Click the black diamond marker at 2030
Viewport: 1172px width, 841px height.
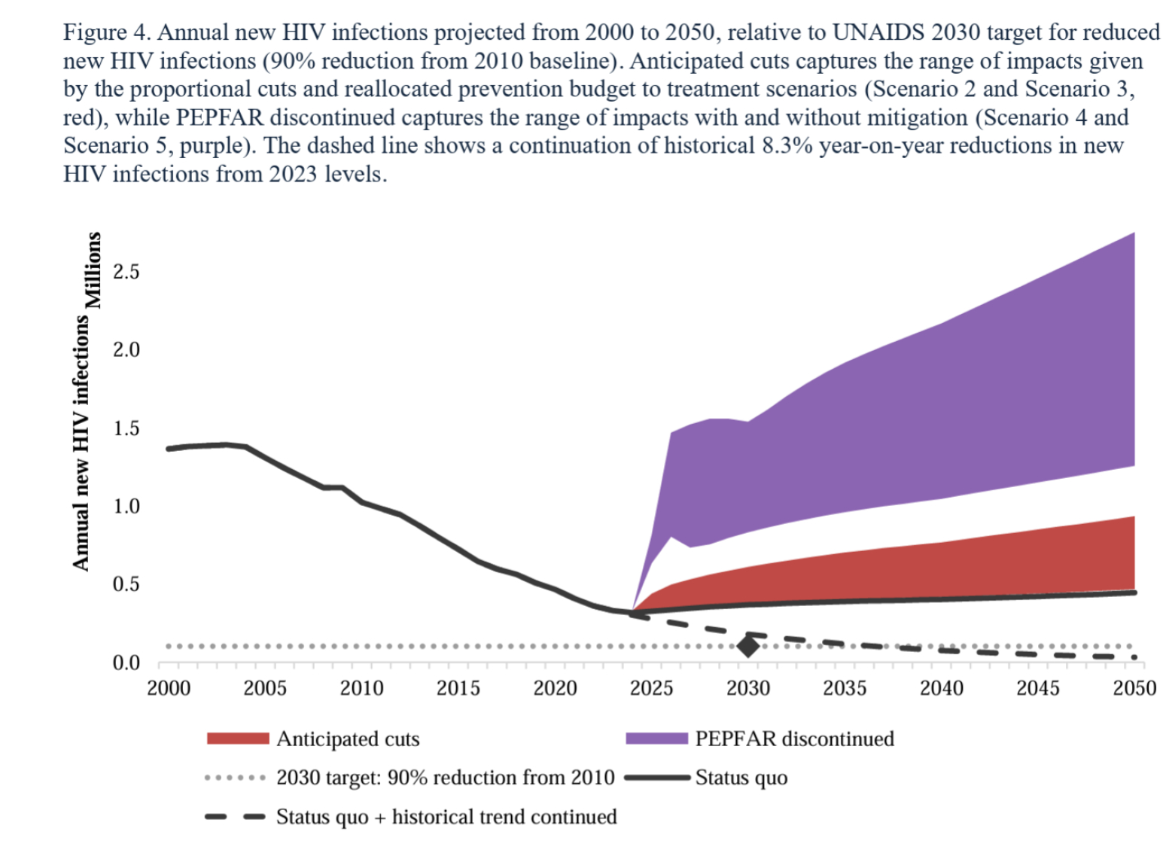pos(747,646)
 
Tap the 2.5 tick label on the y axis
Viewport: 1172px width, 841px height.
pos(126,272)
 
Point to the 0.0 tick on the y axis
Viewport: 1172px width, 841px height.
pos(126,663)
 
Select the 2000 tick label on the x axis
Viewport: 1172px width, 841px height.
pos(168,688)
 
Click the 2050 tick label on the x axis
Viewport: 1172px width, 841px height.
pos(1134,688)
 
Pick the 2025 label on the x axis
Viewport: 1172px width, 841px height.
pos(651,688)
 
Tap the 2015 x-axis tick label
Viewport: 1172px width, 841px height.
pos(458,688)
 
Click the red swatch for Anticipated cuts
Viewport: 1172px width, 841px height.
pos(238,739)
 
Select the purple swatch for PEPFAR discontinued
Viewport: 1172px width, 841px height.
pos(656,739)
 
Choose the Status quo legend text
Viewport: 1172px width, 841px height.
pos(741,778)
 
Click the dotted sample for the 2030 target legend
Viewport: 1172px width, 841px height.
pos(235,778)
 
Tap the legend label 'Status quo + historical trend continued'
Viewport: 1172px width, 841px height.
pos(446,817)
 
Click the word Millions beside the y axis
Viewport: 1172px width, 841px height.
pos(93,270)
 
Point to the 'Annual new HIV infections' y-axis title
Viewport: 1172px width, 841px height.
pos(81,442)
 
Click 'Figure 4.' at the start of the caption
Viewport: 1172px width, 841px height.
pos(107,32)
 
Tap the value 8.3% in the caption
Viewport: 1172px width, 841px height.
pos(787,145)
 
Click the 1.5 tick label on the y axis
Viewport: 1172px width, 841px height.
pos(126,428)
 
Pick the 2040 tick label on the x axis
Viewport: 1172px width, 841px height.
pos(941,688)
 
